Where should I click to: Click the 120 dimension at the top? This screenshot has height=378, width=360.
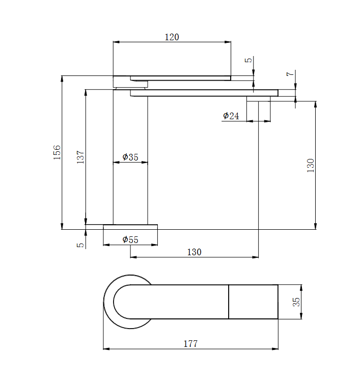[x=172, y=37]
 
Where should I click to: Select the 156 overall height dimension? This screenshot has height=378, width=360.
[x=57, y=152]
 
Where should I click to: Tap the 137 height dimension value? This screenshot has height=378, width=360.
[x=80, y=157]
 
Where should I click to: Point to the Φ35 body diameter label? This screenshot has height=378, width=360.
[x=130, y=157]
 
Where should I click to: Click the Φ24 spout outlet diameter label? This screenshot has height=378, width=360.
[x=231, y=116]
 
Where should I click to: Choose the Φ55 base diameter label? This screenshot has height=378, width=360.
[x=130, y=239]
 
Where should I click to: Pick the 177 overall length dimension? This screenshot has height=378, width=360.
[x=190, y=344]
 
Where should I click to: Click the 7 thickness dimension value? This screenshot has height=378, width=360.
[x=290, y=73]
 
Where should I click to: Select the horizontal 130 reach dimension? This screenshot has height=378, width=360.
[x=194, y=252]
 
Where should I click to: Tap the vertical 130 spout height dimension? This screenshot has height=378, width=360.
[x=311, y=166]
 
